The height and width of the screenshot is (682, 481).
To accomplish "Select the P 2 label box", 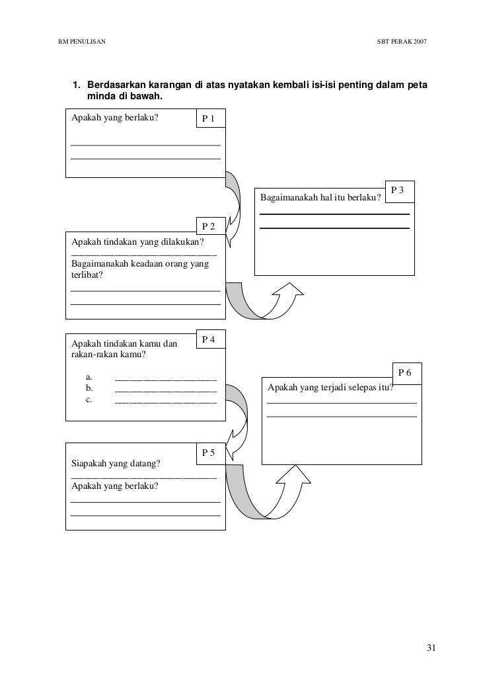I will click(211, 226).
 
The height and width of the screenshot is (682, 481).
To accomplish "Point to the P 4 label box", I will click(211, 339).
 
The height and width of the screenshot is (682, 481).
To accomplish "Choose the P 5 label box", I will click(211, 453).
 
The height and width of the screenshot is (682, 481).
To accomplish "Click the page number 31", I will click(431, 647).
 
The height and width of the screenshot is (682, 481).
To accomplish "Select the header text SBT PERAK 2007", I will click(401, 42).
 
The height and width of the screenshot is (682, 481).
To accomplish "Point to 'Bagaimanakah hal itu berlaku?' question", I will click(321, 198).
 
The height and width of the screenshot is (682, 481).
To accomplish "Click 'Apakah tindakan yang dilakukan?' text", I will click(138, 242).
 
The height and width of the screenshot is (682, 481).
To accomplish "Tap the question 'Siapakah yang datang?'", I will click(116, 463).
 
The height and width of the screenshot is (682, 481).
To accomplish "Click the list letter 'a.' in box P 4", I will click(89, 377).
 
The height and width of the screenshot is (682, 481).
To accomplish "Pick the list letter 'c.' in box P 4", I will click(89, 400).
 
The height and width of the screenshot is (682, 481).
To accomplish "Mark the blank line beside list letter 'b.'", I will click(165, 390).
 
